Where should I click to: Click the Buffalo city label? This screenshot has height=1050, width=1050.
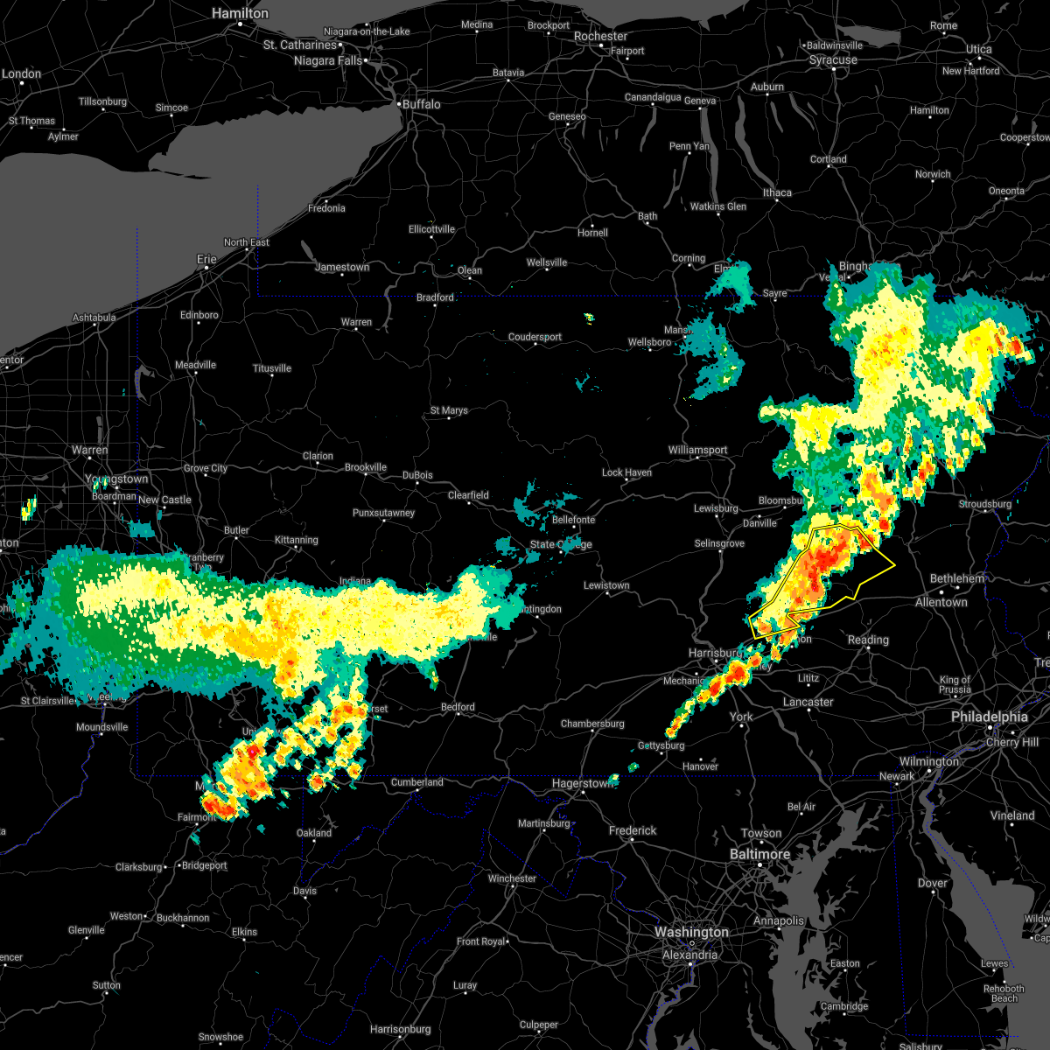click(x=421, y=104)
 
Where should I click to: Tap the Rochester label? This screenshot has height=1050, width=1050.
click(x=600, y=37)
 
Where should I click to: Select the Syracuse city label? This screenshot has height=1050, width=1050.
click(x=833, y=60)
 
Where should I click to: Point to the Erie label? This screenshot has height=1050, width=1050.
click(x=206, y=259)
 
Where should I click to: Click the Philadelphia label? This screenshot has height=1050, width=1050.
click(x=989, y=717)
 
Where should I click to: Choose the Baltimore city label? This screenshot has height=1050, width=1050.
click(x=759, y=854)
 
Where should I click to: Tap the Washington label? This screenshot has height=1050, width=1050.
click(x=691, y=933)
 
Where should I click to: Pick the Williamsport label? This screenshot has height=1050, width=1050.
click(x=697, y=450)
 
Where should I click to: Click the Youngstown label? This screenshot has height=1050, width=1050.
click(x=116, y=479)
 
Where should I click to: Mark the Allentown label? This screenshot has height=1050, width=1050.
click(x=941, y=603)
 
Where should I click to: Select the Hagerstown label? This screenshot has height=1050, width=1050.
click(x=581, y=784)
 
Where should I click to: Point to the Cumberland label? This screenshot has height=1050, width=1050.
click(x=416, y=782)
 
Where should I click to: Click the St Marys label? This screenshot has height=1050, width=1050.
click(x=449, y=410)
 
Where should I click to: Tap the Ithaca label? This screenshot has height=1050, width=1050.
click(x=777, y=192)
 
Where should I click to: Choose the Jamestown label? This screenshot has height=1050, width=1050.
click(x=342, y=267)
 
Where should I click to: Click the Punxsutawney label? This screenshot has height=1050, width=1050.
click(x=383, y=513)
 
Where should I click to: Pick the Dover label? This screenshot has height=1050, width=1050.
click(x=933, y=883)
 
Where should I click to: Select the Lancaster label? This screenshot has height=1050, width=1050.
click(x=808, y=702)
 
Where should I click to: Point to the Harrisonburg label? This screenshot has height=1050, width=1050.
click(x=401, y=1029)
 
